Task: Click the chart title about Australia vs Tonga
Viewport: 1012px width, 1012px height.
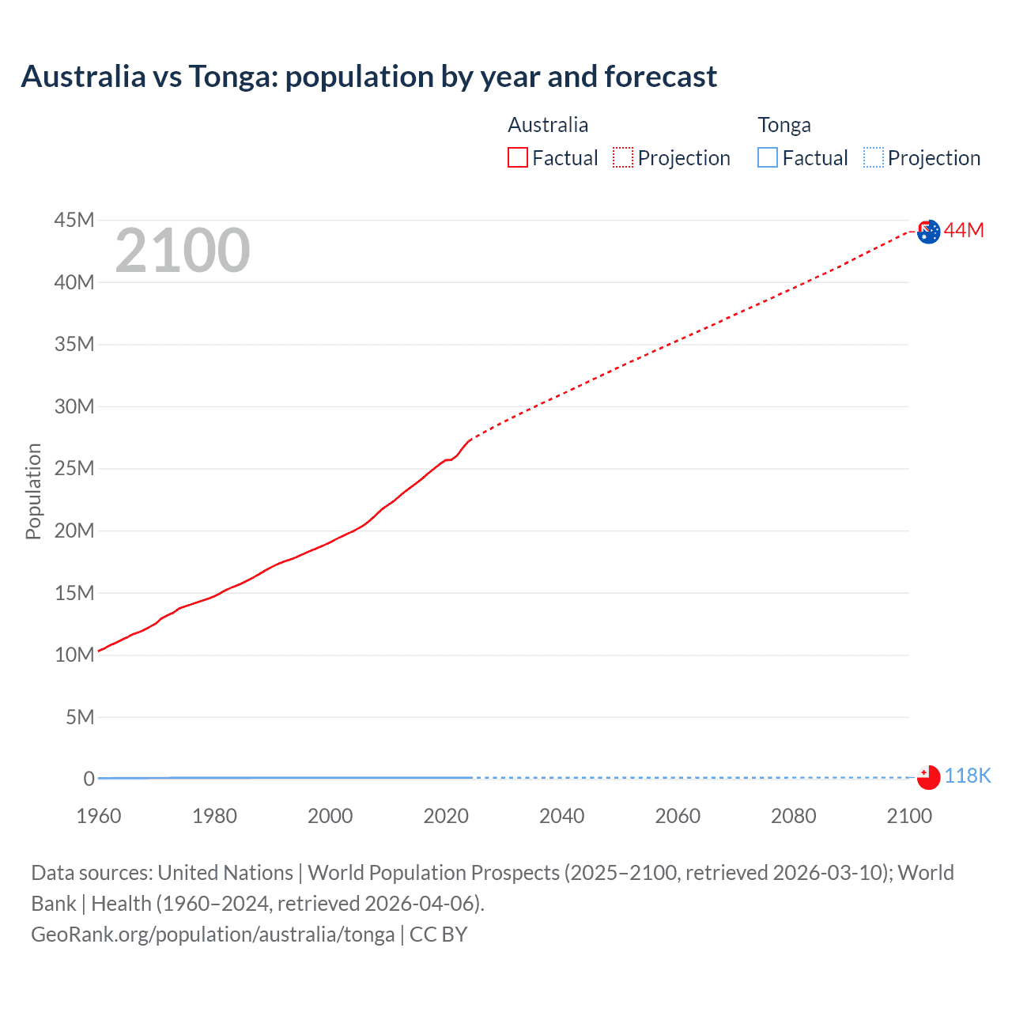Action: (368, 77)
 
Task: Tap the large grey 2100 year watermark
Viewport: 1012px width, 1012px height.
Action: (183, 251)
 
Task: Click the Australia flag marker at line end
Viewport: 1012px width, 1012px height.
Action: (928, 232)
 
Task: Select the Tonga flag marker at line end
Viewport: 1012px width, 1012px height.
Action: (928, 777)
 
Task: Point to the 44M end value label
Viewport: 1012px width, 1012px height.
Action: (964, 230)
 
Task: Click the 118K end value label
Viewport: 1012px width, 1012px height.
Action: (967, 776)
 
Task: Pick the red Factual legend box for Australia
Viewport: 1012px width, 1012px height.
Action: (518, 157)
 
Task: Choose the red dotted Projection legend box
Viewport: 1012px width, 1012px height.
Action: (623, 157)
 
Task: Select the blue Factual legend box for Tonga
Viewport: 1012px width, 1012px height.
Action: (768, 157)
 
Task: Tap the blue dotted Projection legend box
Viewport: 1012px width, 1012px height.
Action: (874, 157)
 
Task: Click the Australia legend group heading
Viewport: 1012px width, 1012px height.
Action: (548, 125)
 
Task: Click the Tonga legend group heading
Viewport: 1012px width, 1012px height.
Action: (784, 125)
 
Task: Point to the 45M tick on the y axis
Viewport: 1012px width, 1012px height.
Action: (74, 220)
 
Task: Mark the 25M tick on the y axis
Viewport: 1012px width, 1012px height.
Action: (74, 468)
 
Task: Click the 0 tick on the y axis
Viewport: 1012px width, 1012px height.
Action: (89, 779)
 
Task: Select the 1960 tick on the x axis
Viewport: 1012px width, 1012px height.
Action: (99, 816)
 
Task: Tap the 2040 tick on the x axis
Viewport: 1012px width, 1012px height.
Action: (561, 816)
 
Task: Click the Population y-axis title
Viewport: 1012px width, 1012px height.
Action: (33, 491)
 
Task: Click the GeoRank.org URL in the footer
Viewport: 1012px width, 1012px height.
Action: (213, 935)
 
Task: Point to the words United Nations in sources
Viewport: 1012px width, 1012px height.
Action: (225, 873)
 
